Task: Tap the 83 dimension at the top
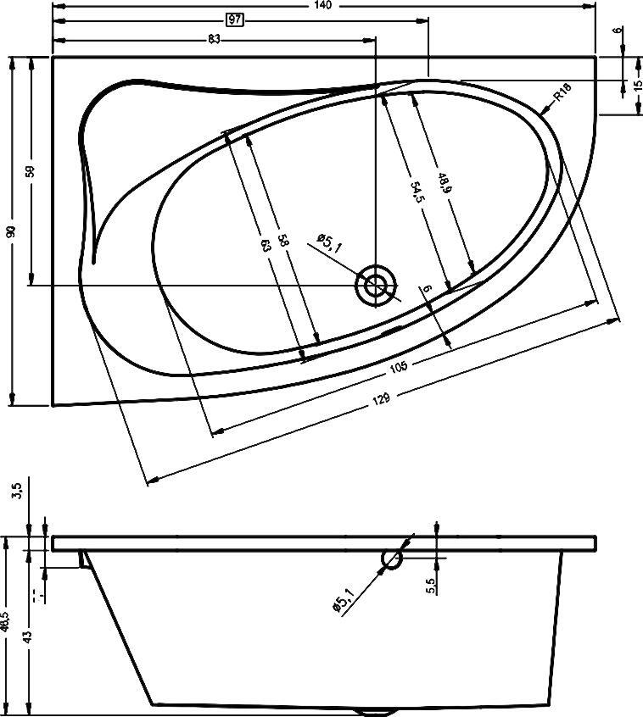coord(213,39)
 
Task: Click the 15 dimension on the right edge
coord(626,86)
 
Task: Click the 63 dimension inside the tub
coord(266,246)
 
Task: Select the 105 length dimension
coord(398,366)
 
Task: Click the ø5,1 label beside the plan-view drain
coord(328,242)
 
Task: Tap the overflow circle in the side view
coord(392,559)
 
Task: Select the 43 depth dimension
coord(28,635)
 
